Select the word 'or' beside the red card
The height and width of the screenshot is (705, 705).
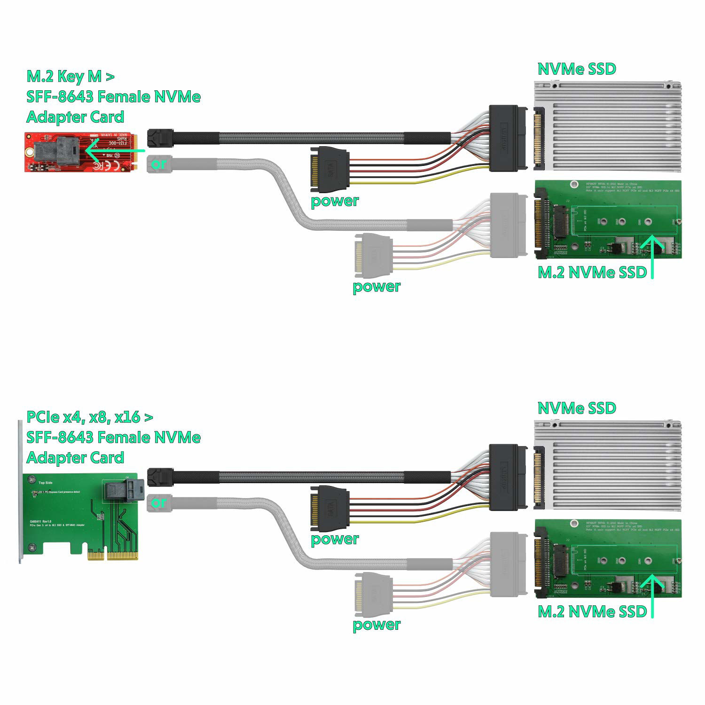159,164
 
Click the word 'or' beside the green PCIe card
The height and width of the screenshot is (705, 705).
159,502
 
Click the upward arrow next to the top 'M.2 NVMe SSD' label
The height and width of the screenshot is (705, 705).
652,256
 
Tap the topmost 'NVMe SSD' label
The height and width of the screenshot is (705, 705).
577,69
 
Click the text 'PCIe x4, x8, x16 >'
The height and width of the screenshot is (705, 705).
89,417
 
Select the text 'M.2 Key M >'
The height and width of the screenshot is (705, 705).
70,76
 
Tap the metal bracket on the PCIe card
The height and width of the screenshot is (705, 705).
20,491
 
